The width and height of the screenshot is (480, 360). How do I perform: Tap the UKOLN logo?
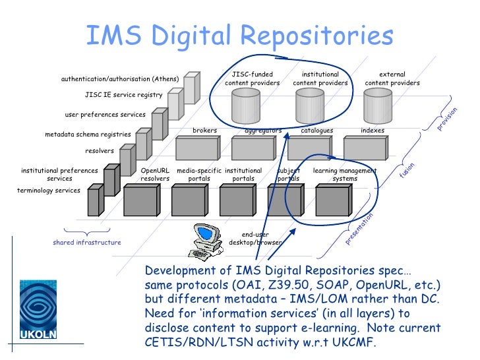(x=38, y=310)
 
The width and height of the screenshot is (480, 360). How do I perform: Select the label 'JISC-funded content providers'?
(x=253, y=79)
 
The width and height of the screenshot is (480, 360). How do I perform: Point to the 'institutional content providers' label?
(x=320, y=79)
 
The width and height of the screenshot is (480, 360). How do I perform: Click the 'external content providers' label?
(x=392, y=79)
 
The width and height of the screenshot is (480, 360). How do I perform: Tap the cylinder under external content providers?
(x=378, y=103)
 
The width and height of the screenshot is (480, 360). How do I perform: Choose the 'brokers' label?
(x=204, y=131)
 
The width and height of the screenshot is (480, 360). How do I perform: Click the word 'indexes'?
(x=373, y=131)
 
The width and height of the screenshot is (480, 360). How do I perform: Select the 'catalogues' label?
(x=316, y=131)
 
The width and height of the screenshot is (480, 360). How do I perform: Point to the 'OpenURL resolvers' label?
(x=155, y=175)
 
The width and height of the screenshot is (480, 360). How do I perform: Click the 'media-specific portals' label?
(x=199, y=175)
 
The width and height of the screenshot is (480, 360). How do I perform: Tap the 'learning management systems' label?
(x=345, y=175)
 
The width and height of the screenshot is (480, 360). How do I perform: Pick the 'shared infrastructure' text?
(x=87, y=243)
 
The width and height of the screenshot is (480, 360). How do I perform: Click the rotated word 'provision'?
(x=447, y=118)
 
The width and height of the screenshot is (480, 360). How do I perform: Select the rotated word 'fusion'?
(x=407, y=171)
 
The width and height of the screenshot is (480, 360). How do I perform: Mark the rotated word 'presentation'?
(x=359, y=228)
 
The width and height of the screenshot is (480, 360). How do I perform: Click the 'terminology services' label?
(x=48, y=191)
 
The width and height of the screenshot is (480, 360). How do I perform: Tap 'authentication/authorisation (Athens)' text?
(x=120, y=79)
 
